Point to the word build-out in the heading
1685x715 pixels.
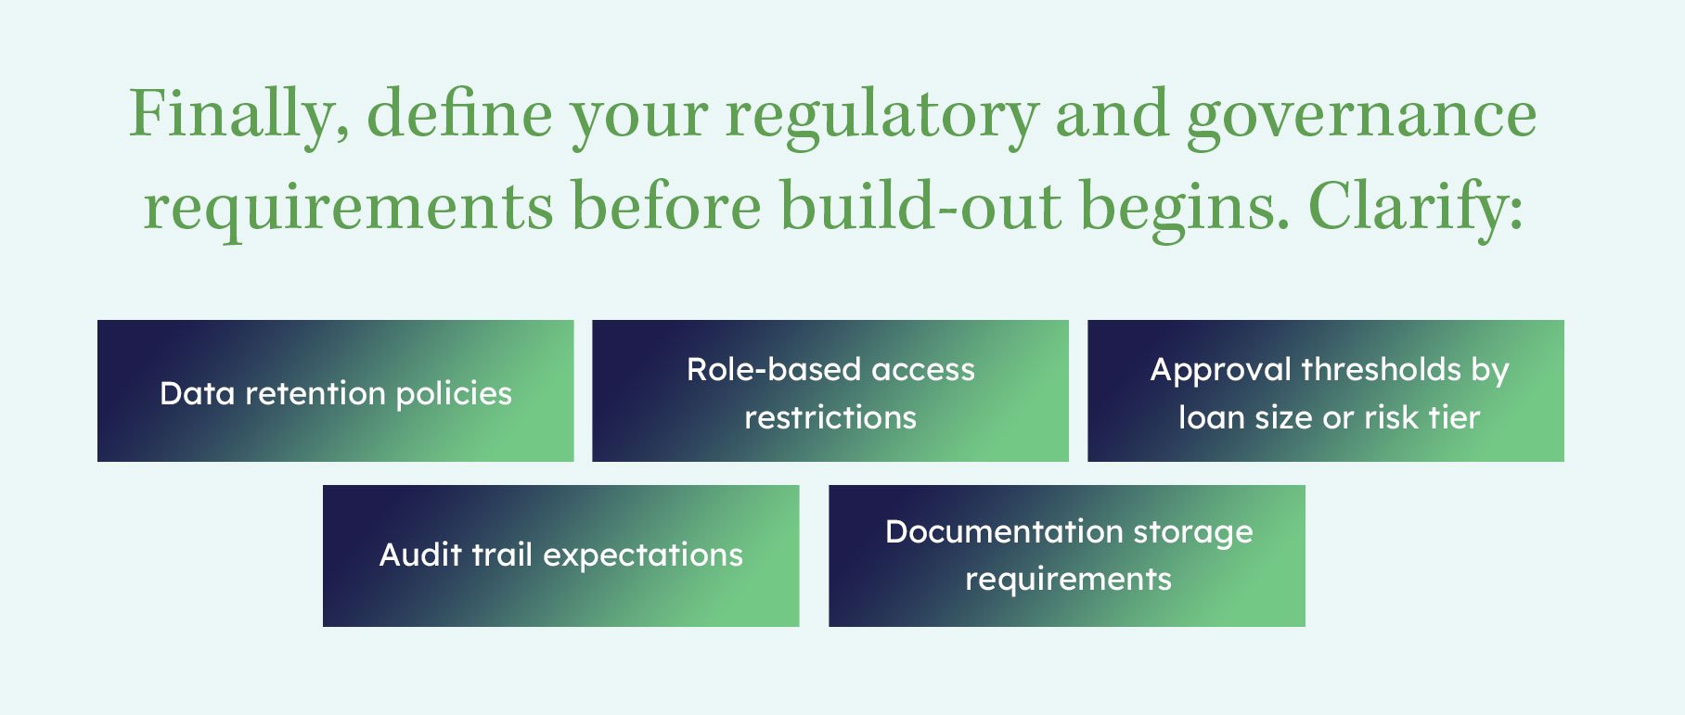[x=920, y=206]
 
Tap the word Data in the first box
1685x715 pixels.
[x=196, y=393]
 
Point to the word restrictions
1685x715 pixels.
[x=830, y=417]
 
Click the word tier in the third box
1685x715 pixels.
[x=1454, y=417]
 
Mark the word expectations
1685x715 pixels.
[x=643, y=555]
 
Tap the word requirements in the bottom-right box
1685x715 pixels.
[x=1068, y=579]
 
